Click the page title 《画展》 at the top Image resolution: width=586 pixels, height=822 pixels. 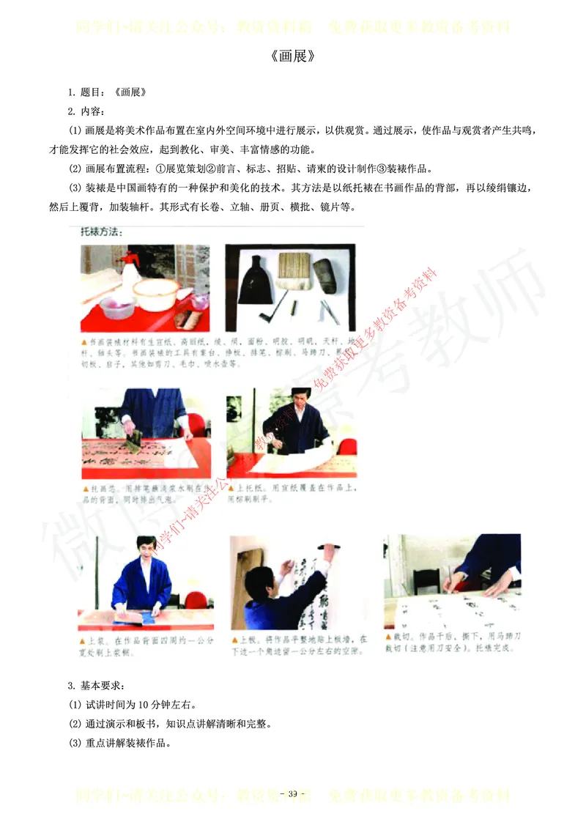[x=292, y=56]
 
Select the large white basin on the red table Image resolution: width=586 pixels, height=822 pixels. [x=155, y=292]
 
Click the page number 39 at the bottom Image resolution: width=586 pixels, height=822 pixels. [x=292, y=795]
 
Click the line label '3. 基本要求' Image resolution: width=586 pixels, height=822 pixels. [x=96, y=686]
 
